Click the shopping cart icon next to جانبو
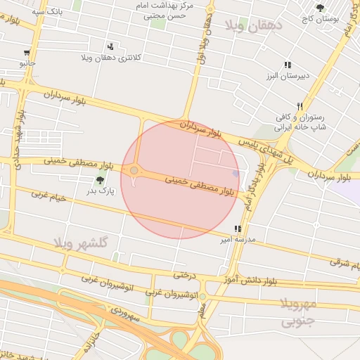coord(27,53)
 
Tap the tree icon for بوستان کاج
coord(321,8)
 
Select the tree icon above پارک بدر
coord(99,180)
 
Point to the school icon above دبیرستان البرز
coord(288,65)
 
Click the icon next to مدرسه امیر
coord(238,229)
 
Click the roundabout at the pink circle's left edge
coord(134,170)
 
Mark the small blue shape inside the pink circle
coord(236,173)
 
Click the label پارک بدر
coord(100,191)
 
